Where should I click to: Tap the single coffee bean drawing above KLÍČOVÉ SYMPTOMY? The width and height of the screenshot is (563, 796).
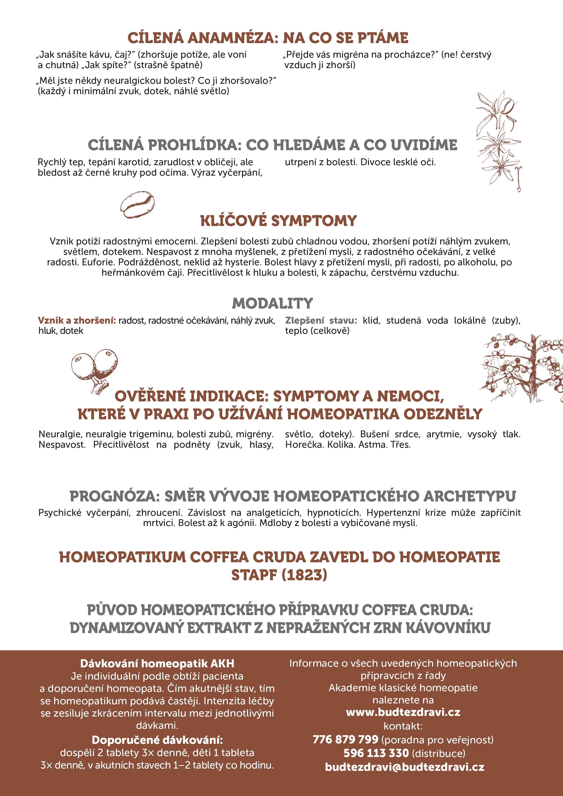[137, 204]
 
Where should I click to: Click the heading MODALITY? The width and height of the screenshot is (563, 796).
[272, 303]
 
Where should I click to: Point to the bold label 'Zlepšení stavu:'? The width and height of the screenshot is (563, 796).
[321, 320]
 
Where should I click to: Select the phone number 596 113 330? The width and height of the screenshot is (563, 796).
[376, 753]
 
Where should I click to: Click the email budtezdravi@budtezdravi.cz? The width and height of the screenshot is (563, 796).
[405, 767]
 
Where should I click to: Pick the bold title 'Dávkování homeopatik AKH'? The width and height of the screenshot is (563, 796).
[157, 663]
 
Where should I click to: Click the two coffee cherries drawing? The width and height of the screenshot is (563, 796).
[94, 369]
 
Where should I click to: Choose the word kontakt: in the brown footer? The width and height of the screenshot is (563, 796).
[403, 726]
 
